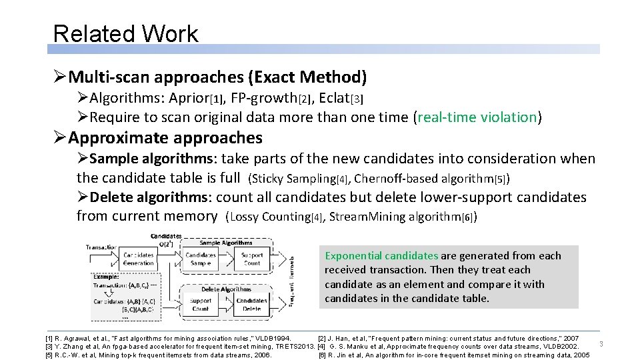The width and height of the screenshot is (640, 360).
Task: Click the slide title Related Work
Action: pyautogui.click(x=125, y=34)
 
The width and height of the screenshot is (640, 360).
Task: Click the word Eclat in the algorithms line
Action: pyautogui.click(x=334, y=98)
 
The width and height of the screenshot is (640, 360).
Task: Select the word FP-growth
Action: pyautogui.click(x=263, y=98)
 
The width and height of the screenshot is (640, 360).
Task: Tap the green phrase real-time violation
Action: pyautogui.click(x=477, y=117)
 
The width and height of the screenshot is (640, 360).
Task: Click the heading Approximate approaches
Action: pyautogui.click(x=165, y=138)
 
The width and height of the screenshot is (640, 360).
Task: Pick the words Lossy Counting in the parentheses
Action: pyautogui.click(x=270, y=217)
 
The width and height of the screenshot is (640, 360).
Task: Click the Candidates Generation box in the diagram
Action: pyautogui.click(x=138, y=259)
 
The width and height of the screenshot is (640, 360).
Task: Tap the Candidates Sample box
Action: pyautogui.click(x=201, y=259)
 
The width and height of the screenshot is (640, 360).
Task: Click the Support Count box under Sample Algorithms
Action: pyautogui.click(x=252, y=259)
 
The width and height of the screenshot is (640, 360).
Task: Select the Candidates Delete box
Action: pyautogui.click(x=252, y=305)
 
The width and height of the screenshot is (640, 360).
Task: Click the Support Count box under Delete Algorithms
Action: pyautogui.click(x=201, y=305)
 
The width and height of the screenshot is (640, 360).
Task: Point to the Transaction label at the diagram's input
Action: pyautogui.click(x=101, y=247)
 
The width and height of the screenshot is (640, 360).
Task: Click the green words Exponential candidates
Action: pyautogui.click(x=381, y=255)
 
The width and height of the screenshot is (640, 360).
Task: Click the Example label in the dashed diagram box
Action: pyautogui.click(x=107, y=276)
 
